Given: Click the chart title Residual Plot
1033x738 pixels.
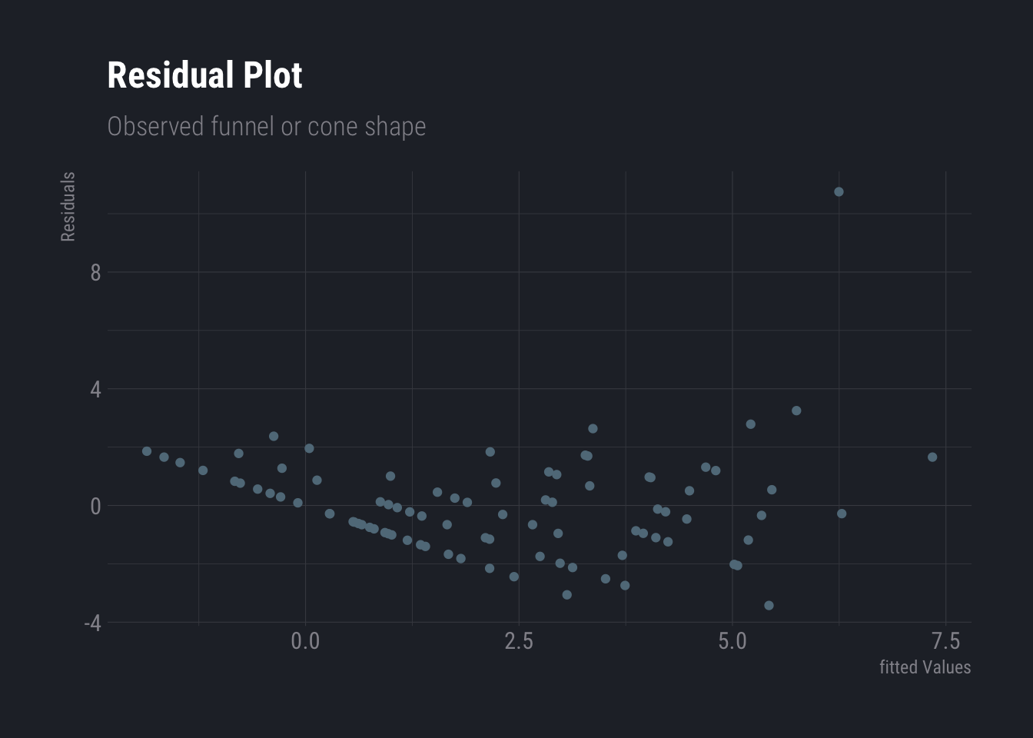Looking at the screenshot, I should point(204,75).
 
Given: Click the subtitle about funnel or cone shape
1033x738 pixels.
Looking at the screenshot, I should point(266,126).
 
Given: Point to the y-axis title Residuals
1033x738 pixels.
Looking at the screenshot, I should point(68,207).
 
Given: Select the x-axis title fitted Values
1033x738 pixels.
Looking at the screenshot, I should point(925,667).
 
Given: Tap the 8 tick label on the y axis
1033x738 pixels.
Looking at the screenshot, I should point(95,273).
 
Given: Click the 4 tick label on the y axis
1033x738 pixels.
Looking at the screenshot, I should point(95,390).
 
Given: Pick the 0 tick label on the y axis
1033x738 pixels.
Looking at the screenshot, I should point(95,507).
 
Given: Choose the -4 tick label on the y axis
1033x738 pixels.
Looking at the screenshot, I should point(92,623).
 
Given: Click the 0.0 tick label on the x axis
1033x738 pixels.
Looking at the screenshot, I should point(305,641).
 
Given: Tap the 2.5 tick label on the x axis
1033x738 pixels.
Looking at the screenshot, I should point(519,641).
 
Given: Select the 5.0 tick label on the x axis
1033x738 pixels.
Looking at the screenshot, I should point(732,641).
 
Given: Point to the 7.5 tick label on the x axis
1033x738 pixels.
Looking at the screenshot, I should point(945,641).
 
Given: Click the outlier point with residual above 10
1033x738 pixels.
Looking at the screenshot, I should point(839,192).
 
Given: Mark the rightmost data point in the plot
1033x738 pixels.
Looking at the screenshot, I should point(932,457).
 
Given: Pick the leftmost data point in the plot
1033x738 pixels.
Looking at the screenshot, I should point(147,451).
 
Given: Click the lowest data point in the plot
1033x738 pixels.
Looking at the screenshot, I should point(769,606).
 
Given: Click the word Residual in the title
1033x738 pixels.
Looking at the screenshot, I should point(171,75).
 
